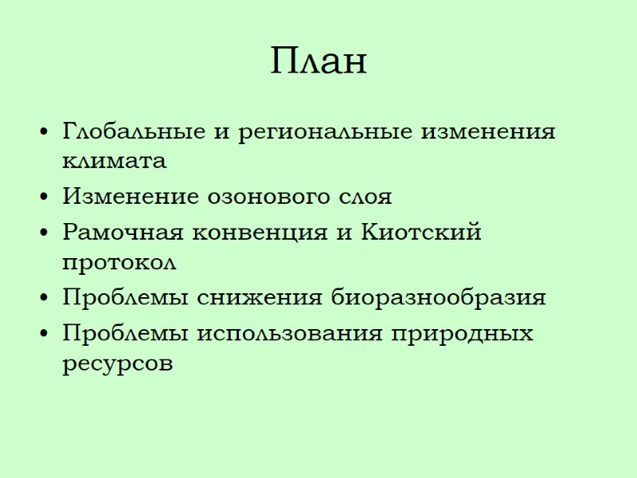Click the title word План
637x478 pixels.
click(x=318, y=61)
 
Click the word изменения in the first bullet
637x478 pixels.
click(x=487, y=131)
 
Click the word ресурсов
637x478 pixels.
click(x=116, y=364)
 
